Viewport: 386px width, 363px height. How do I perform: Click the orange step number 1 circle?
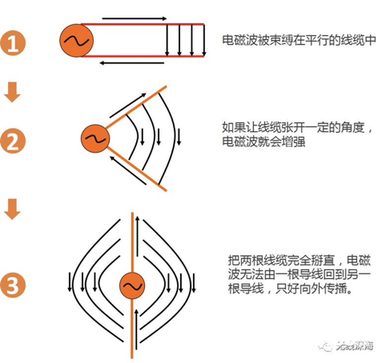(13, 43)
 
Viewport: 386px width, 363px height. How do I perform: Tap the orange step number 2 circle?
(13, 141)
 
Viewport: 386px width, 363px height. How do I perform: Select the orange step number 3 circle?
(13, 285)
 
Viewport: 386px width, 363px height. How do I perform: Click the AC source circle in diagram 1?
(76, 40)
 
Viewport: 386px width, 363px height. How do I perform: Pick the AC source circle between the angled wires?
(95, 139)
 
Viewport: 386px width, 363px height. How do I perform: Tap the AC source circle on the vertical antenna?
(132, 285)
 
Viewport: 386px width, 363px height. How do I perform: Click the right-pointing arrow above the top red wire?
(134, 18)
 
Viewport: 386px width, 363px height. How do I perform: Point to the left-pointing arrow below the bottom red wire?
(132, 63)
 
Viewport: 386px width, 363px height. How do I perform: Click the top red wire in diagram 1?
(143, 24)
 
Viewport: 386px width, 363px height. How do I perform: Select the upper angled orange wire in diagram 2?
(136, 107)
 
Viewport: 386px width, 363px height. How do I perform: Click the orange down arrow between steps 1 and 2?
(12, 92)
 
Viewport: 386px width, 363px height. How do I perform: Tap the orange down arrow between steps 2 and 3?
(12, 209)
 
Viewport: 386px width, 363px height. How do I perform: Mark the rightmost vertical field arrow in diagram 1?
(204, 40)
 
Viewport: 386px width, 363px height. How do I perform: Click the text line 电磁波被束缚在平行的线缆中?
(299, 40)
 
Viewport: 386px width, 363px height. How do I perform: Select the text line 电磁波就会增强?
(264, 142)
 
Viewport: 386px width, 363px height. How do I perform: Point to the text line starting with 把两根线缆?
(299, 261)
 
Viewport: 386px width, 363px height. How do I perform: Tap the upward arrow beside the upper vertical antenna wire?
(137, 236)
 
